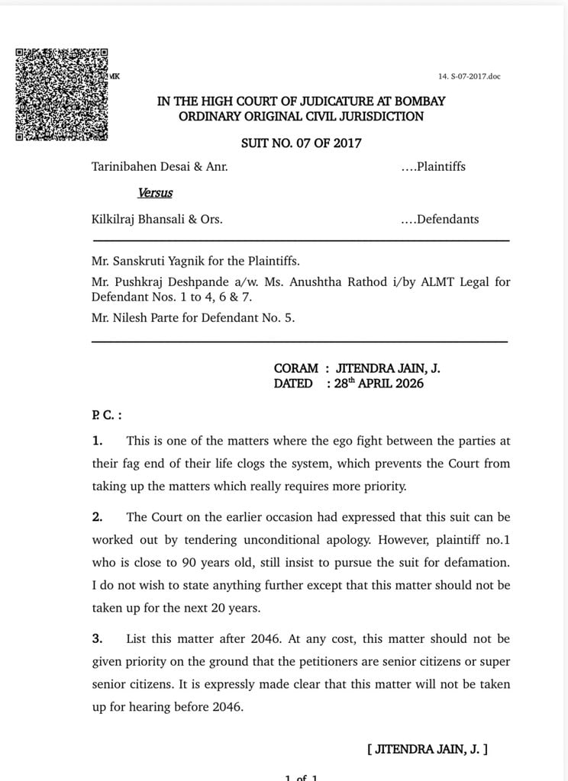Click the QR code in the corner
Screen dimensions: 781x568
coord(62,94)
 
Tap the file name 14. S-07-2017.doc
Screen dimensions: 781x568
coord(469,76)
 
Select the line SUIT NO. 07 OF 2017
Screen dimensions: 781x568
coord(301,143)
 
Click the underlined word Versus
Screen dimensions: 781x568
coord(155,193)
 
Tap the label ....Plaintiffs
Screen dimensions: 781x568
coord(433,166)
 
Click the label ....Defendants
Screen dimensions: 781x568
coord(440,219)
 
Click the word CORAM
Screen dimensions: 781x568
coord(296,368)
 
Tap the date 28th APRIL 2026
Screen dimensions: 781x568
coord(379,384)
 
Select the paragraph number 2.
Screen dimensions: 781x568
coord(97,516)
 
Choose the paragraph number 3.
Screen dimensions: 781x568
coord(97,638)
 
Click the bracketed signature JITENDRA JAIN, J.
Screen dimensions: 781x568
coord(428,749)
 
